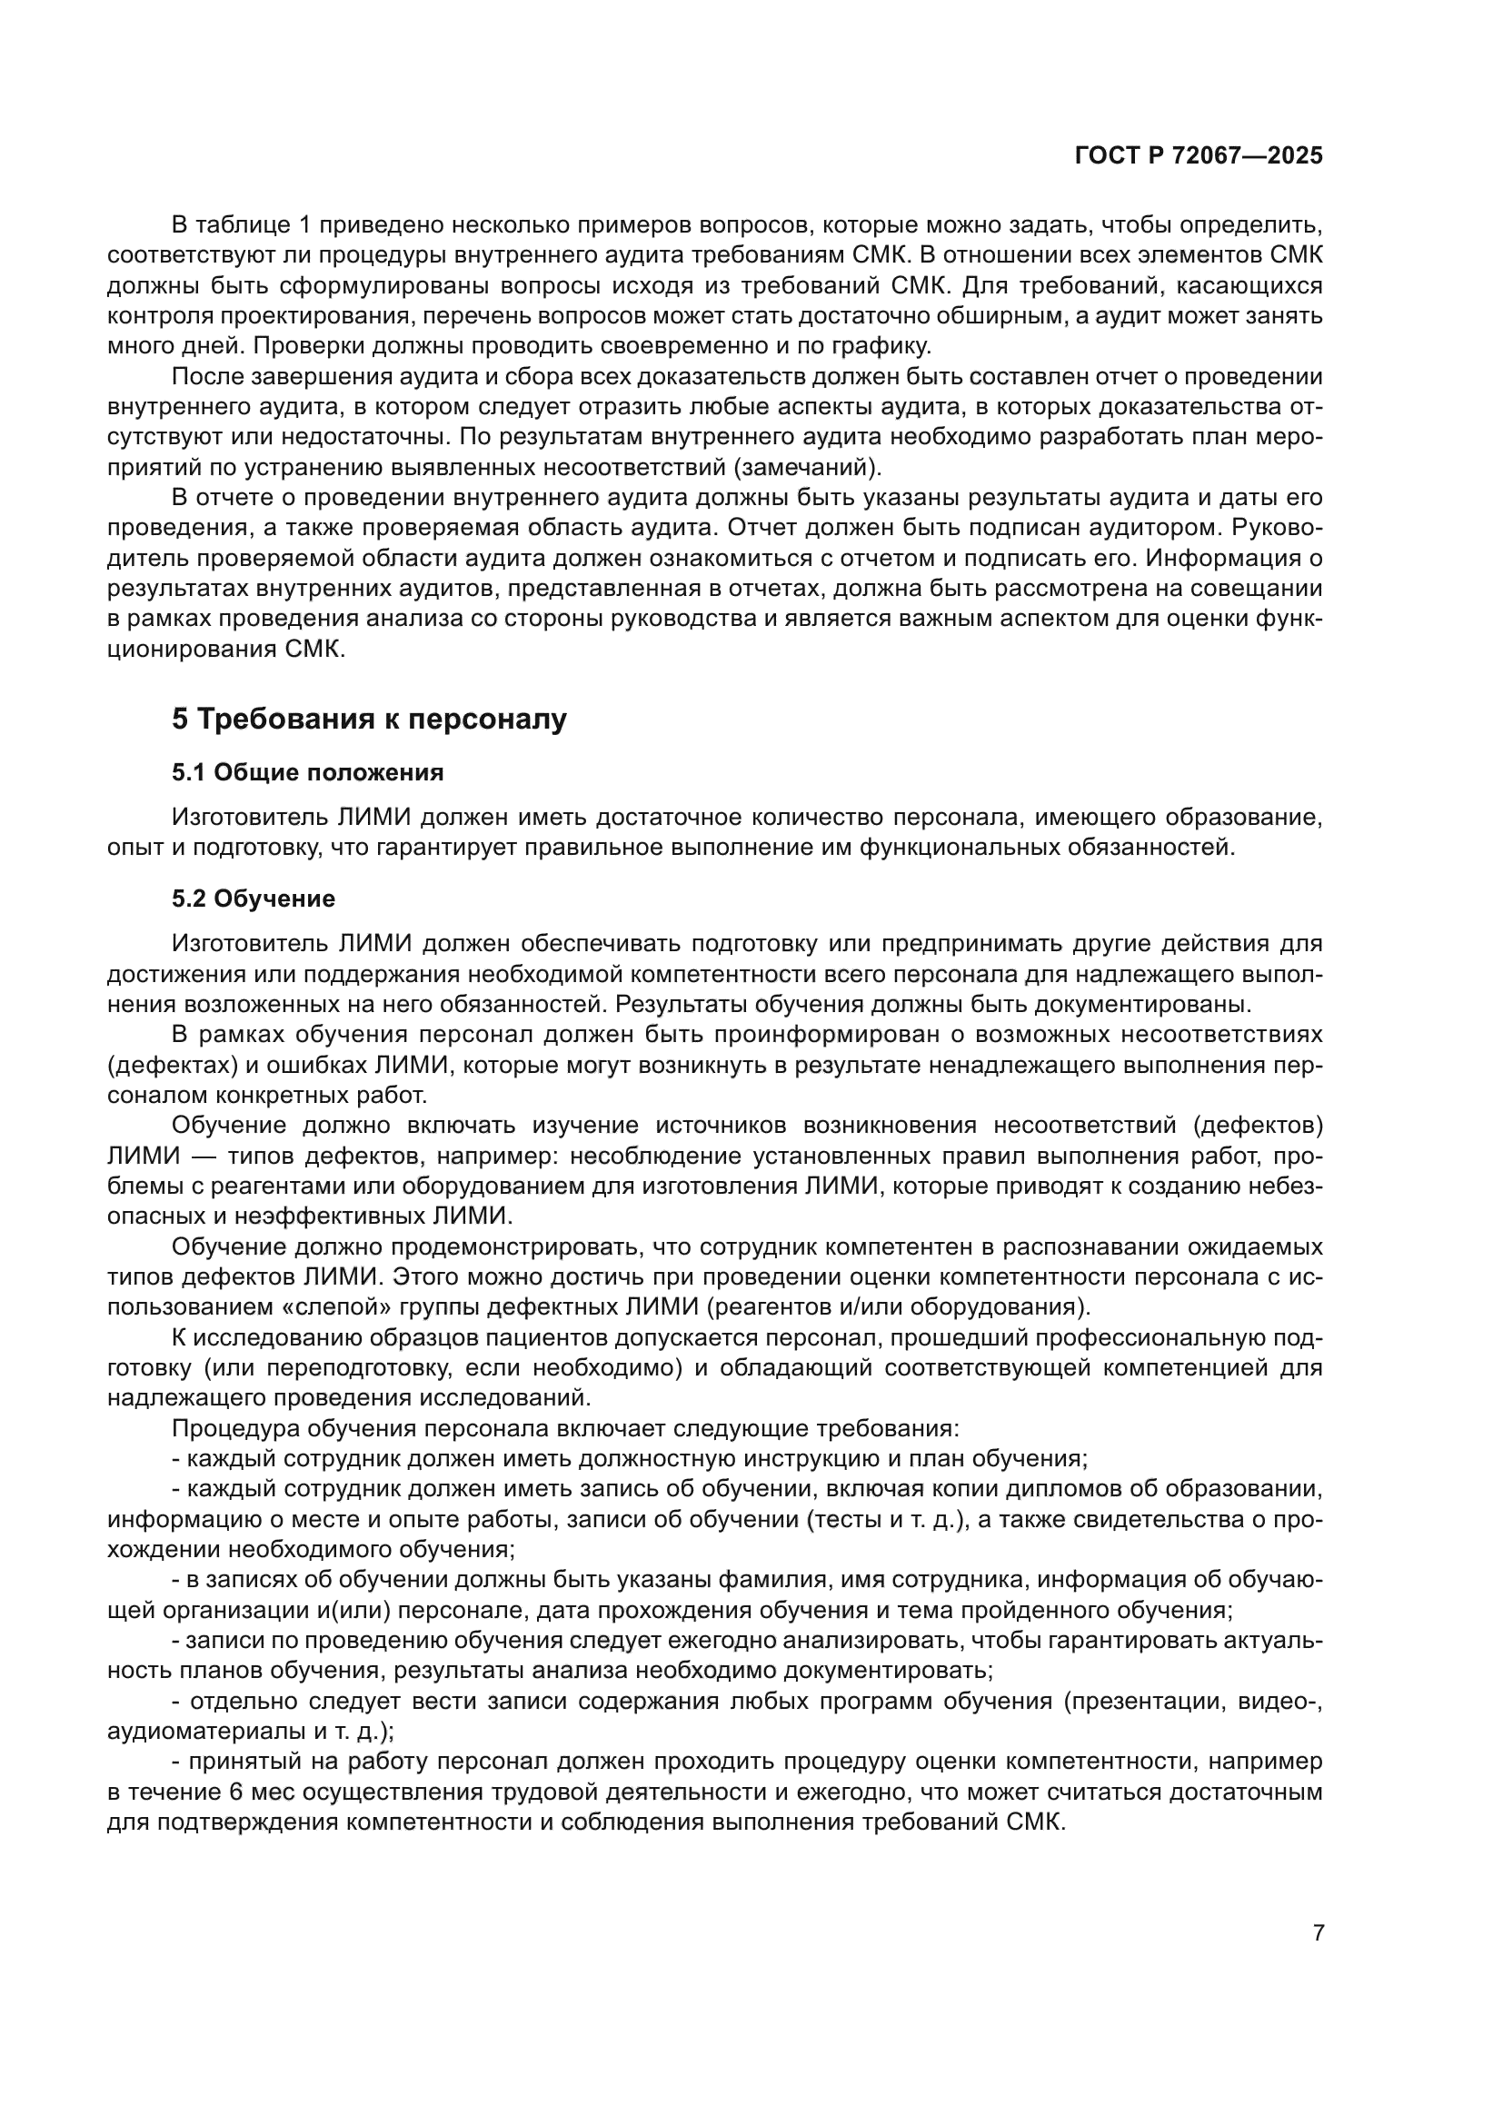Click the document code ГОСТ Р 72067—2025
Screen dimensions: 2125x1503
tap(1198, 156)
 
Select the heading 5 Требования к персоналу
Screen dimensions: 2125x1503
tap(368, 720)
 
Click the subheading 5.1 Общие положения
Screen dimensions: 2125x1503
tap(307, 772)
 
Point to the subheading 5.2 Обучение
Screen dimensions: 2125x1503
tap(253, 899)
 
